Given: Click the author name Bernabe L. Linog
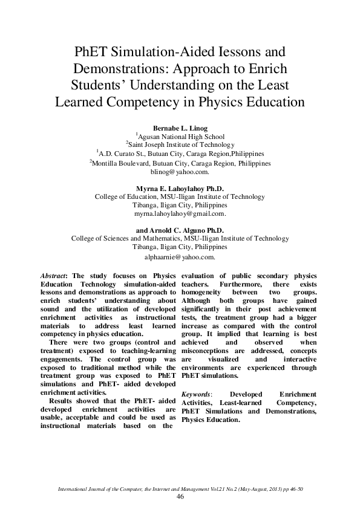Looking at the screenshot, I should (179, 129).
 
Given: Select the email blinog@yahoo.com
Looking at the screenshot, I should (180, 172).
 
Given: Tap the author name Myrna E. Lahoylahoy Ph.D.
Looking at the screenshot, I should (180, 189).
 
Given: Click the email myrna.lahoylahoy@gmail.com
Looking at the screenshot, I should (180, 214).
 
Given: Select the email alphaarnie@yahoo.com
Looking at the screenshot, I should (180, 256).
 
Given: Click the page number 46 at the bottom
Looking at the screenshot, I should (180, 496).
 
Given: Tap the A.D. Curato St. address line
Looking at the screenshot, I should (180, 154).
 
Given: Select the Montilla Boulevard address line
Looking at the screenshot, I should (180, 163).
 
